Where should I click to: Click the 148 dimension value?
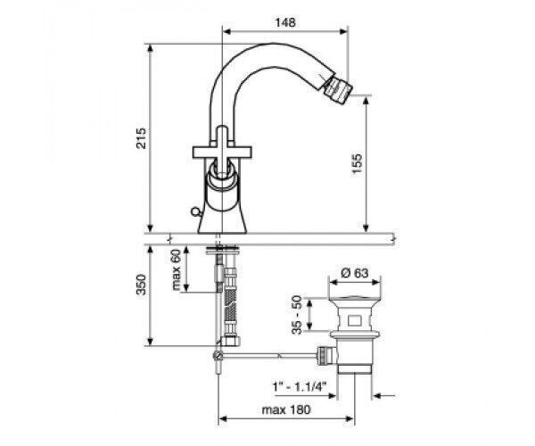(x=285, y=22)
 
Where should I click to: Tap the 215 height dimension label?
(x=141, y=138)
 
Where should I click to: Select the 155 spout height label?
(x=356, y=164)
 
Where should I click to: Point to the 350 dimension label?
(x=141, y=285)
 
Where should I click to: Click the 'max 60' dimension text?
(x=176, y=269)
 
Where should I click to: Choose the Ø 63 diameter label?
(x=355, y=273)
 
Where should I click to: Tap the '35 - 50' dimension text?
(x=297, y=315)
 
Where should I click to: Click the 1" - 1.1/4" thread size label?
(x=300, y=386)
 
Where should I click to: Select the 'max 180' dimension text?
(x=286, y=409)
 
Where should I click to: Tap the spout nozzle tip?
(x=338, y=88)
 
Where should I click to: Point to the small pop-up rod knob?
(x=195, y=212)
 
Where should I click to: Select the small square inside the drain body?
(x=354, y=321)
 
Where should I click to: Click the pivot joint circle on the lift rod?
(x=218, y=356)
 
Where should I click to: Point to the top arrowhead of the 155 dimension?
(x=366, y=101)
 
